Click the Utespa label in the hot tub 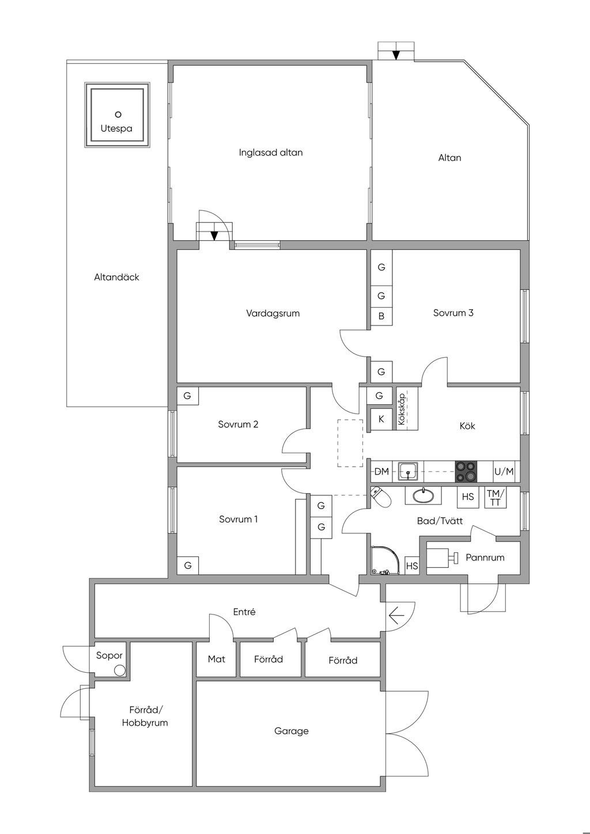pos(116,128)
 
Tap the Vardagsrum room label pos(273,313)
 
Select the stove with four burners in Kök pos(466,471)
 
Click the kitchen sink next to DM pos(408,471)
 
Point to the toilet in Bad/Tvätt pos(381,497)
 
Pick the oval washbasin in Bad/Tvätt pos(423,495)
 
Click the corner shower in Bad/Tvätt pos(385,560)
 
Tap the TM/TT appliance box pos(496,498)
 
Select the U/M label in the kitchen pos(504,471)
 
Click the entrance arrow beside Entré pos(396,615)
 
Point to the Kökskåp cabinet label pos(402,409)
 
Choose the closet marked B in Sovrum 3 pos(381,316)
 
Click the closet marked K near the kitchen pos(381,419)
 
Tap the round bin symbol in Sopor pos(120,671)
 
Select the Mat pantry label pos(217,659)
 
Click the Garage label pos(292,731)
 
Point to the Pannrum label pos(485,558)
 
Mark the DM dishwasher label pos(381,471)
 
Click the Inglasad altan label pos(271,152)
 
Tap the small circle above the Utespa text pos(118,114)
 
